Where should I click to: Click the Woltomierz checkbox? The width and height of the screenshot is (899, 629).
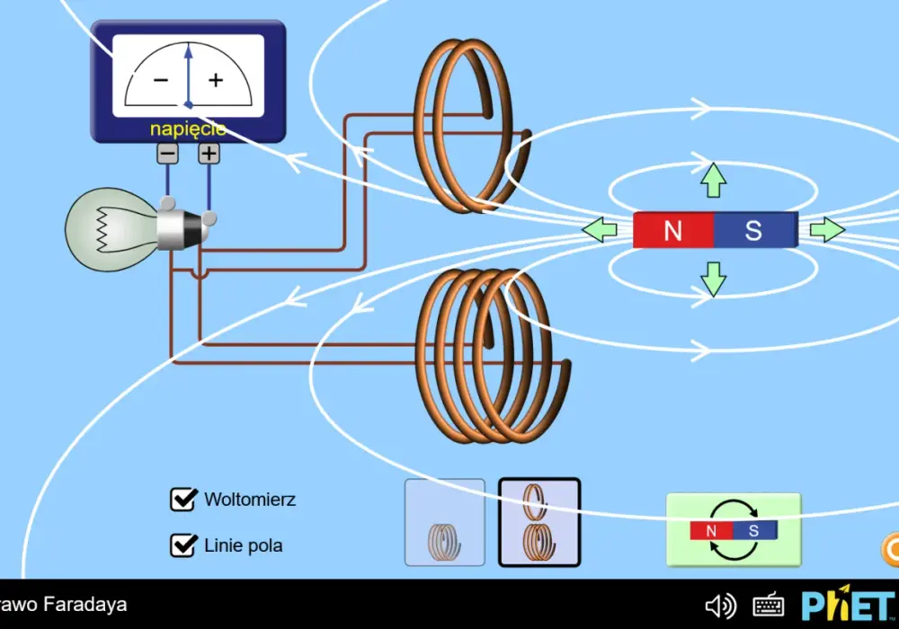(x=182, y=500)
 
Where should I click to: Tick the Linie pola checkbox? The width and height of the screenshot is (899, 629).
(x=182, y=545)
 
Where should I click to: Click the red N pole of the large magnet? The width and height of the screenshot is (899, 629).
(x=673, y=230)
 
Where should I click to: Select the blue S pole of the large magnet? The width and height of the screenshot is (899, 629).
(x=756, y=230)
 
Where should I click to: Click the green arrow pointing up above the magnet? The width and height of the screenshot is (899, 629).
(x=713, y=180)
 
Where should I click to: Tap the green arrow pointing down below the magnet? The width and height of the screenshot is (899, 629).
(x=713, y=279)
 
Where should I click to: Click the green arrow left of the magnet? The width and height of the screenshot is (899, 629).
(x=600, y=230)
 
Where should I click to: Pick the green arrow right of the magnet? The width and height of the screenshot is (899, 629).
(x=827, y=230)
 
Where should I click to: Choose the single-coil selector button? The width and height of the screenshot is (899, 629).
(x=445, y=522)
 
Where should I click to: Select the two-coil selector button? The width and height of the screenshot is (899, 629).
(x=539, y=522)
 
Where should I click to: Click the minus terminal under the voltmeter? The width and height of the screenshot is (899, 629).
(x=167, y=154)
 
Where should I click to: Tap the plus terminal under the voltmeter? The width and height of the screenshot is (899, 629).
(x=209, y=154)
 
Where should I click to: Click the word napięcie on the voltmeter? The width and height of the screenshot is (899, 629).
(x=188, y=129)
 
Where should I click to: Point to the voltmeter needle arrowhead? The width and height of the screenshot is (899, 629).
(x=188, y=51)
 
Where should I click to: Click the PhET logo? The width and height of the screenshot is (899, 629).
(x=849, y=605)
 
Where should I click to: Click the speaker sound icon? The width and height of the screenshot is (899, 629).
(x=721, y=606)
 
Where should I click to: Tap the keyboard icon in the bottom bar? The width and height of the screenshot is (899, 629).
(x=769, y=605)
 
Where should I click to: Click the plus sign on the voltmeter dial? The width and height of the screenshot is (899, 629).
(x=216, y=80)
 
